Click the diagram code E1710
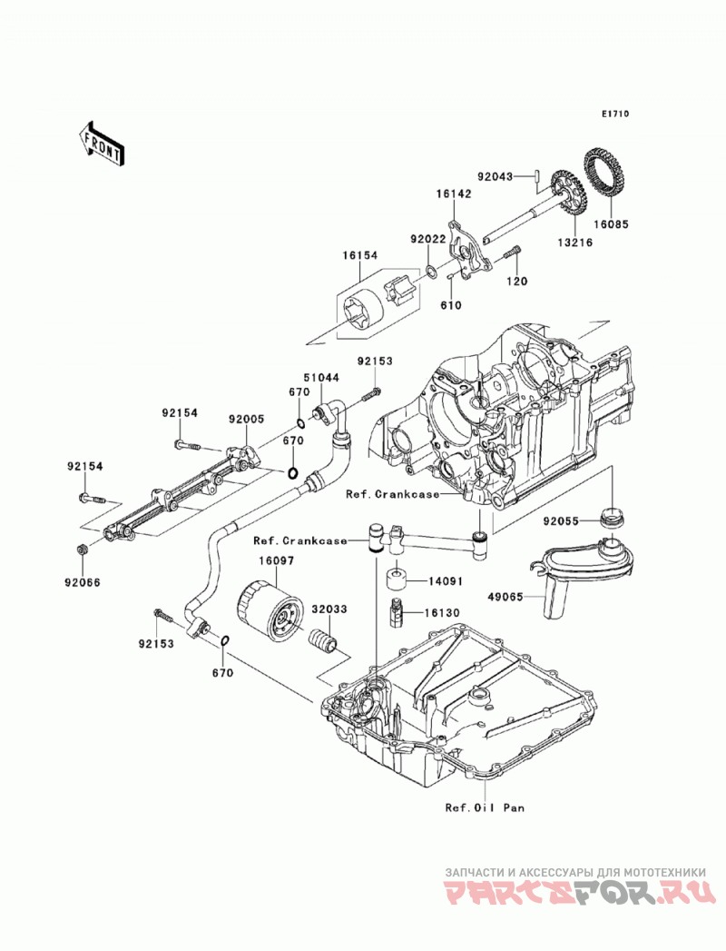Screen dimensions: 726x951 point(615,114)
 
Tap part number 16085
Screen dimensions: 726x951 point(611,224)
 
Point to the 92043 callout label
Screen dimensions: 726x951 point(495,177)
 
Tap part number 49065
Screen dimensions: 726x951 point(506,597)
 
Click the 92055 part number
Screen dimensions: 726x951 point(561,521)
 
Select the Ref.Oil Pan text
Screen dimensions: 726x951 point(485,807)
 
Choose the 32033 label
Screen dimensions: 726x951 point(329,609)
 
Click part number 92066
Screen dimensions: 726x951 point(83,583)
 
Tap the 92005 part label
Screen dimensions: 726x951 point(247,419)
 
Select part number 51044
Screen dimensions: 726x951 point(321,377)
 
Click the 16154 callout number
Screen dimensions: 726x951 point(354,257)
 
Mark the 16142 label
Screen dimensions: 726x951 point(453,194)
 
